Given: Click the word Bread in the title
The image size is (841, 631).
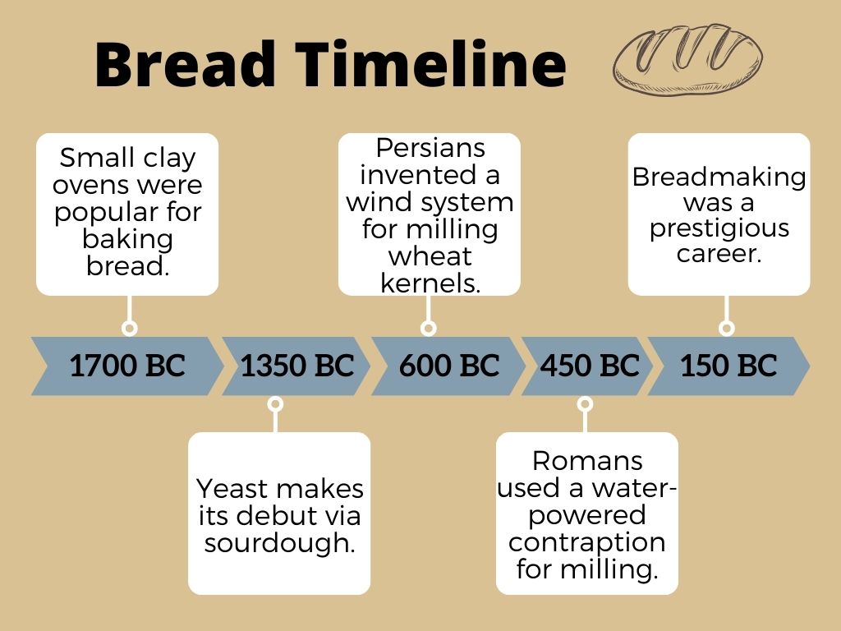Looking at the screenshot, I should (185, 64).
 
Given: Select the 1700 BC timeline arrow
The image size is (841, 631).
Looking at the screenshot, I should (126, 366).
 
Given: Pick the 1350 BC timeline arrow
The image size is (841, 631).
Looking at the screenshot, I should (296, 366).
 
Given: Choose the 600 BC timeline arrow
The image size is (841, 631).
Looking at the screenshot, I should (448, 366).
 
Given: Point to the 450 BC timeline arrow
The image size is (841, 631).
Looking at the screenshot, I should (589, 366).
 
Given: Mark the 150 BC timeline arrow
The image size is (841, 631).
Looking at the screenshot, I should (728, 366).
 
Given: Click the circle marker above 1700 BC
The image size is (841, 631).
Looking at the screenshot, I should (129, 329).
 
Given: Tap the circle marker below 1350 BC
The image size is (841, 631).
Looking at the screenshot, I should (276, 403).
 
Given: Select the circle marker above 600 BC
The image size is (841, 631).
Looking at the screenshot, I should (428, 329).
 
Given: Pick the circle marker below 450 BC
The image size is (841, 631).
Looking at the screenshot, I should (585, 403).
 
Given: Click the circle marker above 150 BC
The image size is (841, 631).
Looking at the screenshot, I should (726, 329).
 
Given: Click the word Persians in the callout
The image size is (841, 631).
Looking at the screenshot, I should (430, 149).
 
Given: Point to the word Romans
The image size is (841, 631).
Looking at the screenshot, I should (587, 460).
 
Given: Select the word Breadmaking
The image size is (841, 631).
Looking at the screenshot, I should (719, 177).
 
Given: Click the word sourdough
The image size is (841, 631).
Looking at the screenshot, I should (278, 543).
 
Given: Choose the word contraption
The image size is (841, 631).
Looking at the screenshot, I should (587, 542).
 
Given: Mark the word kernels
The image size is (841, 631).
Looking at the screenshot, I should (430, 283).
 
